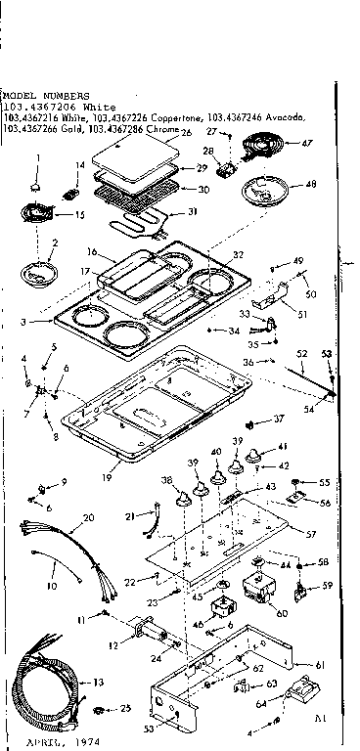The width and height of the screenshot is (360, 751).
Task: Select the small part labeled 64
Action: tap(297, 700)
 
